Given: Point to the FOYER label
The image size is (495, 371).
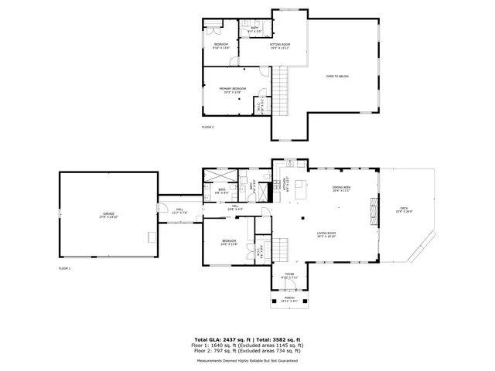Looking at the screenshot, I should (x=288, y=274).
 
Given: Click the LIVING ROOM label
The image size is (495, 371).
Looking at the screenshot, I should (x=326, y=234).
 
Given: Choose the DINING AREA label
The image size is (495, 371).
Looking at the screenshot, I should (x=341, y=189).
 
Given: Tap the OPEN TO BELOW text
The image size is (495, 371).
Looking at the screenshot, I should (x=337, y=76).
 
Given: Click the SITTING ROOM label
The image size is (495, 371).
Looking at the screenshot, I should (x=280, y=46).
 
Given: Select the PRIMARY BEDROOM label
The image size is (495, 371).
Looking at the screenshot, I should (x=230, y=90).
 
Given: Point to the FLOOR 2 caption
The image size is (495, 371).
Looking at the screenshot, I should (x=208, y=127).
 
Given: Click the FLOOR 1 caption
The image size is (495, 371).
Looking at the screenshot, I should (x=64, y=268).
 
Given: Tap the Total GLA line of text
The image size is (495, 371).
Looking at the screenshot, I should (x=247, y=339).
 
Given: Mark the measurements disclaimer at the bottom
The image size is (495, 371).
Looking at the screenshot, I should (x=247, y=360).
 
